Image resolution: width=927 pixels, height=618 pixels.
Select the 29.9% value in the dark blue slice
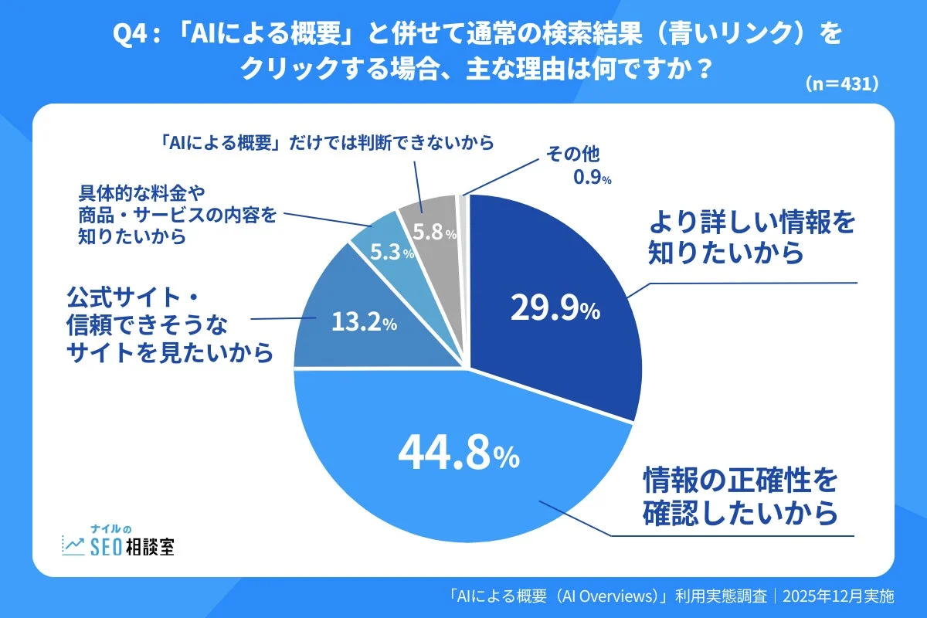pyautogui.click(x=555, y=310)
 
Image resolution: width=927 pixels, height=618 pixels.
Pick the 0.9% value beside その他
pyautogui.click(x=592, y=179)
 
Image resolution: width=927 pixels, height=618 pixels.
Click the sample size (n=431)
pyautogui.click(x=841, y=84)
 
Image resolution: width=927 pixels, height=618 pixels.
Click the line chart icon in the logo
pyautogui.click(x=73, y=545)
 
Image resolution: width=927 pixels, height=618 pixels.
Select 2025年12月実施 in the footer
pyautogui.click(x=838, y=596)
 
